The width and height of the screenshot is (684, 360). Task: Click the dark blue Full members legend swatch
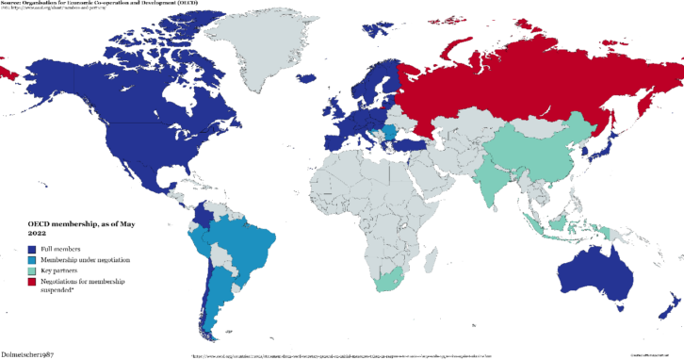[x=31, y=248]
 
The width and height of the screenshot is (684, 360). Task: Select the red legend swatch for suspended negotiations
[x=31, y=282]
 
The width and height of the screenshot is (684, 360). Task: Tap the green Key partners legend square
[x=31, y=270]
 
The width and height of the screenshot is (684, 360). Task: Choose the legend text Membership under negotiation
[x=85, y=259]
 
